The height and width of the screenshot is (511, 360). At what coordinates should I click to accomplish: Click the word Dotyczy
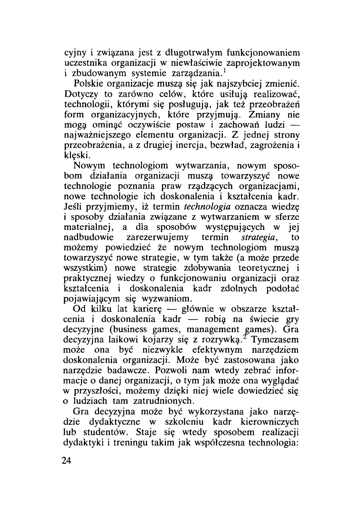[x=79, y=94]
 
